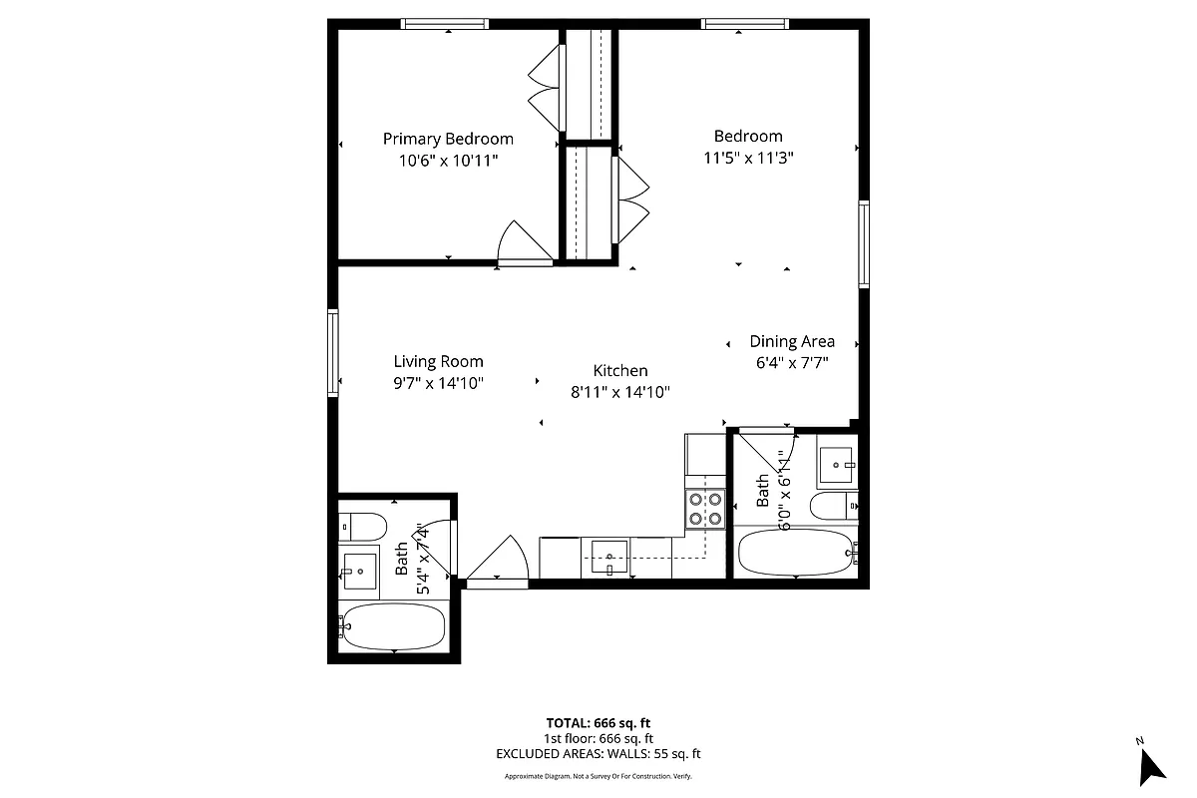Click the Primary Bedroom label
448,139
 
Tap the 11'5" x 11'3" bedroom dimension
747,157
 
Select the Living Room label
438,361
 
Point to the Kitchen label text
619,370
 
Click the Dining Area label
792,341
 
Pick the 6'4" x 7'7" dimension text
792,363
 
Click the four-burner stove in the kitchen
704,509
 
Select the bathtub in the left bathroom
392,626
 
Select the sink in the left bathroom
359,572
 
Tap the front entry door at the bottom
498,560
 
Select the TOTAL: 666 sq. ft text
598,723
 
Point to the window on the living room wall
333,353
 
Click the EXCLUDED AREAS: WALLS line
598,754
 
